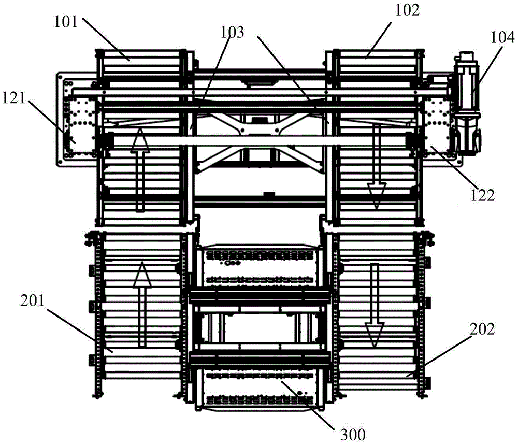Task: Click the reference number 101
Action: click(66, 22)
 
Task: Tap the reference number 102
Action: click(407, 10)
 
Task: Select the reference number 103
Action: click(233, 32)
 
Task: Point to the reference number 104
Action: click(502, 37)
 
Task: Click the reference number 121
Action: click(14, 98)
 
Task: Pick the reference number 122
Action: click(483, 195)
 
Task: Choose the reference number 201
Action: click(32, 300)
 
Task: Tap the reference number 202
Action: click(483, 329)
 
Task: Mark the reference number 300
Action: click(353, 435)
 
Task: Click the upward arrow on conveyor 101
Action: click(140, 170)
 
